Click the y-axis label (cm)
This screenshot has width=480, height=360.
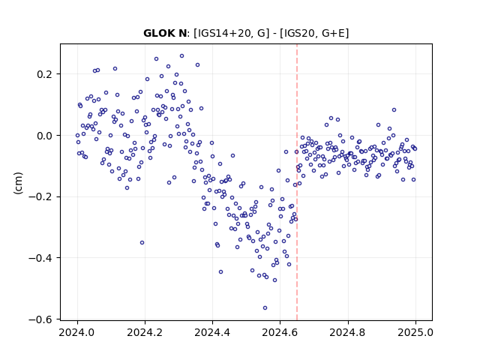pyautogui.click(x=18, y=183)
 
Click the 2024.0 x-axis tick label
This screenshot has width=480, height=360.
pyautogui.click(x=77, y=332)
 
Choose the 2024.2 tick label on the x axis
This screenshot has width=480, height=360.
pyautogui.click(x=145, y=332)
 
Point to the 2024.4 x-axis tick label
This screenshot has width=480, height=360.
pyautogui.click(x=212, y=332)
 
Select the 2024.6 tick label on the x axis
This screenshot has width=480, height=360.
pyautogui.click(x=280, y=332)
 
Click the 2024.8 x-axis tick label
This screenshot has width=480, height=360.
pyautogui.click(x=348, y=332)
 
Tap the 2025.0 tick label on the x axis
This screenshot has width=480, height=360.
pyautogui.click(x=415, y=332)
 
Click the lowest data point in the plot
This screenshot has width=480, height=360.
pyautogui.click(x=265, y=308)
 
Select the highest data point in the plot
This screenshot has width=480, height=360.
pyautogui.click(x=181, y=56)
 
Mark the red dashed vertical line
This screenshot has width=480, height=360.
pyautogui.click(x=297, y=182)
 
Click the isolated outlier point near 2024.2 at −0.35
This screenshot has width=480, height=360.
pyautogui.click(x=142, y=243)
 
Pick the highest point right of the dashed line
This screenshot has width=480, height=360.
pyautogui.click(x=394, y=110)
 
